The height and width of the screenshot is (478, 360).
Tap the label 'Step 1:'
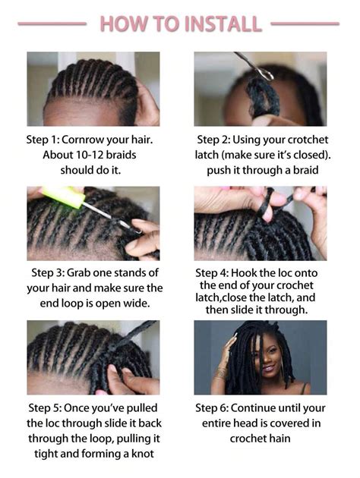point(47,140)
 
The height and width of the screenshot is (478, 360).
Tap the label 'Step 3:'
point(52,272)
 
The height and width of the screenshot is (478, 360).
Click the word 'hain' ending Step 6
point(278,439)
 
